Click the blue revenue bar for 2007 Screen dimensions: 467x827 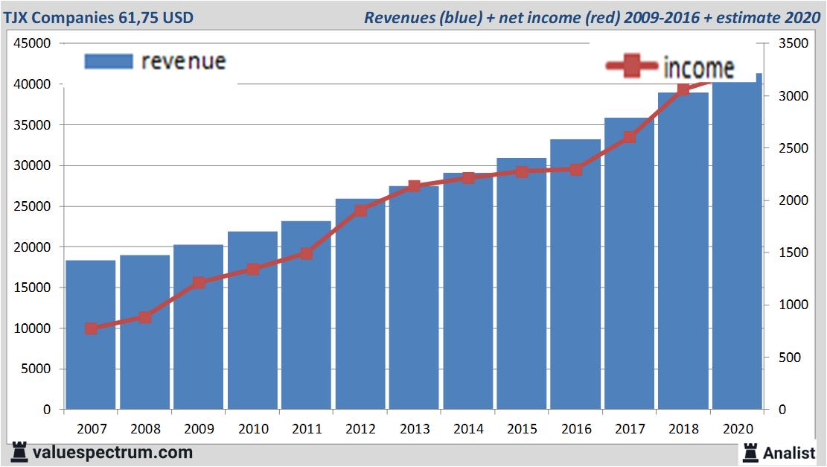[x=91, y=335]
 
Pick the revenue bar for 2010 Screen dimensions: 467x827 [x=252, y=320]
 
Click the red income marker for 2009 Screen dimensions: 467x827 [x=199, y=282]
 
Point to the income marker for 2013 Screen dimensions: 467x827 [x=415, y=186]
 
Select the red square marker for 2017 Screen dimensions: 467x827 [x=630, y=137]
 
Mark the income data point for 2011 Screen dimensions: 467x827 [x=306, y=253]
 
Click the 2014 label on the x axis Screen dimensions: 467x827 [x=468, y=429]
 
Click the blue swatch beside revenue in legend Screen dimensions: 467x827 [x=109, y=61]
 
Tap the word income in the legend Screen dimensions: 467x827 [x=697, y=68]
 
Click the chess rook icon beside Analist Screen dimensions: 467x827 [x=750, y=451]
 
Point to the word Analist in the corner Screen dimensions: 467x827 [x=789, y=452]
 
